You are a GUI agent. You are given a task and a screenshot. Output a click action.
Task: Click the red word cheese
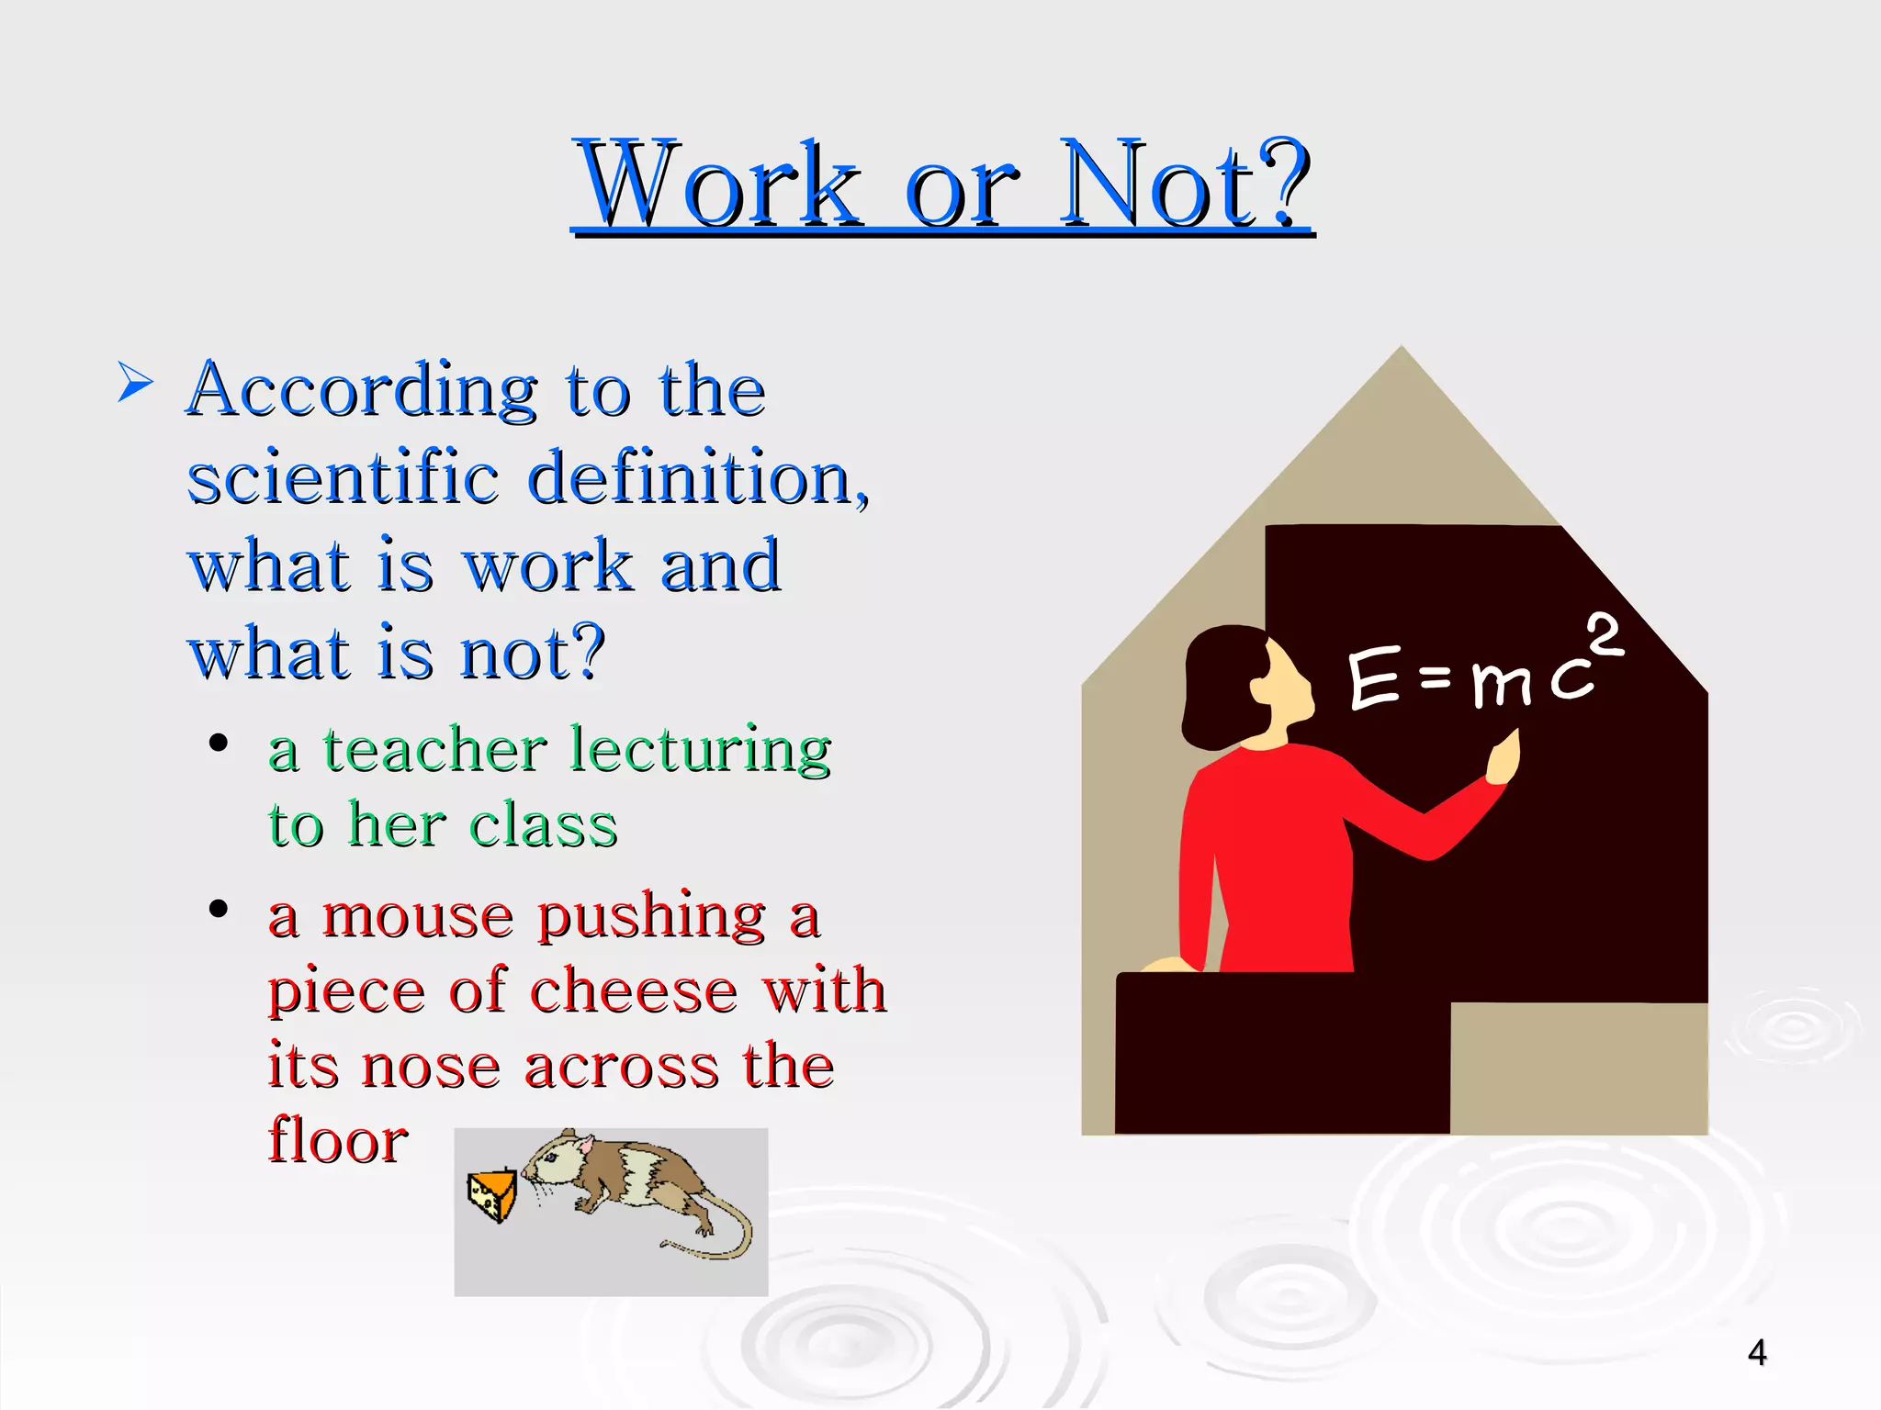(x=634, y=991)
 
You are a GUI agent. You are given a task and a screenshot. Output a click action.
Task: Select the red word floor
(x=338, y=1140)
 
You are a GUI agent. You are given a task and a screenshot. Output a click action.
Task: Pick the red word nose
(x=430, y=1067)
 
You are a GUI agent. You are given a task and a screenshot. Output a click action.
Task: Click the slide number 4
(x=1757, y=1352)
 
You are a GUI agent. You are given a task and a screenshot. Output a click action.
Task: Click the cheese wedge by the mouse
(x=493, y=1194)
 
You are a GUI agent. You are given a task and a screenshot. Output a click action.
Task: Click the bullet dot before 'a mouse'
(x=219, y=910)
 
